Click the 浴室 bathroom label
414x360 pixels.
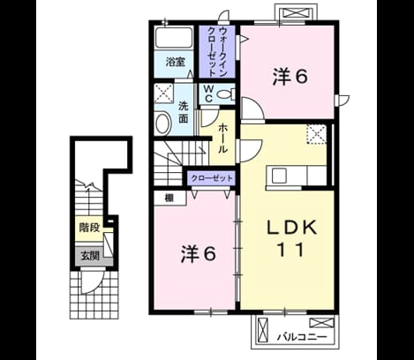pos(175,62)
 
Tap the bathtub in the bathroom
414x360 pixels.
pos(174,38)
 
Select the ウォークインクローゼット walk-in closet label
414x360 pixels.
pos(217,52)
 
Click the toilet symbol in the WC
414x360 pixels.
pos(226,94)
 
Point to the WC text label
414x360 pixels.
pos(208,94)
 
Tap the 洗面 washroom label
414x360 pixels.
pos(184,112)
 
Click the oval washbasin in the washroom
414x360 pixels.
pos(163,124)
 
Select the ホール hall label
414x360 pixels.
pos(223,138)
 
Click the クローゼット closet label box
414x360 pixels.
pos(212,178)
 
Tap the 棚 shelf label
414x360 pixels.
pos(169,198)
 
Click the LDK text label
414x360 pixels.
pos(291,228)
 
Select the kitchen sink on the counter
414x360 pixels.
pos(279,176)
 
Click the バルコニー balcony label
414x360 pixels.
pos(302,337)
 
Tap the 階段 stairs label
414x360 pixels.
pos(89,228)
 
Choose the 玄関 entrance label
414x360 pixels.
pos(90,256)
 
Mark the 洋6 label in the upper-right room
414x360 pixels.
pos(290,77)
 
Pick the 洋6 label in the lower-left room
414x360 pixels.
pos(199,254)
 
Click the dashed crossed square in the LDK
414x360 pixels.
pos(316,134)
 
